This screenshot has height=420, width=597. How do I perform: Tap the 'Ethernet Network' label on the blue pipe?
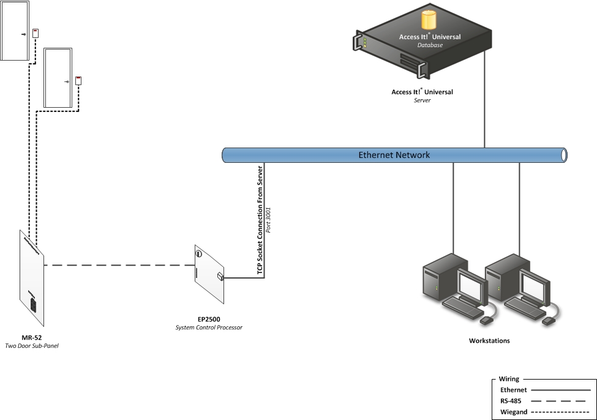[394, 155]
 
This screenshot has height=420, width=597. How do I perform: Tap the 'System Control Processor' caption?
[209, 328]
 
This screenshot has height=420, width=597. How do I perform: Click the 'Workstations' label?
[489, 340]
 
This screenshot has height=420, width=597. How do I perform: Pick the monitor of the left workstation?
[471, 285]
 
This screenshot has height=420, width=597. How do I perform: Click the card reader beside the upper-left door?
[36, 34]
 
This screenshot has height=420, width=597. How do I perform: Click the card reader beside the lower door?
[78, 80]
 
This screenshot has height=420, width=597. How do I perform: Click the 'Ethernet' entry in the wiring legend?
[513, 389]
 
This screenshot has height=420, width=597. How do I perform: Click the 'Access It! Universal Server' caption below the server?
[422, 92]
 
